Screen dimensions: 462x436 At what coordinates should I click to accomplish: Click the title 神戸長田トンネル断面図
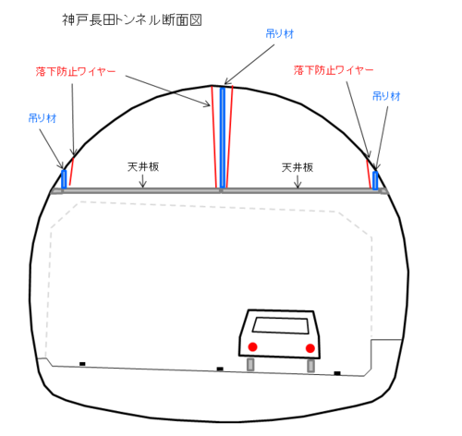click(132, 20)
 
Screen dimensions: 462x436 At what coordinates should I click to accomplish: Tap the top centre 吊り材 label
click(280, 33)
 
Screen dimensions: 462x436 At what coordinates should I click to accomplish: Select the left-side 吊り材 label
click(43, 118)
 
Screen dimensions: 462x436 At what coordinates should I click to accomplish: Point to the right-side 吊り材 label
click(386, 96)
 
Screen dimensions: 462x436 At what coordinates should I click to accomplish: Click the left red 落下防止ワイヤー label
click(76, 71)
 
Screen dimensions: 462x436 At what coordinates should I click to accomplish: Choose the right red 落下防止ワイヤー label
click(334, 70)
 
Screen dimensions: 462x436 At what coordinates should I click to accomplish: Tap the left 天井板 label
click(143, 167)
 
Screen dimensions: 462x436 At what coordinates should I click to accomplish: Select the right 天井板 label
click(298, 167)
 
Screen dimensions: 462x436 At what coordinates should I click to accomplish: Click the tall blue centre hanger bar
click(223, 138)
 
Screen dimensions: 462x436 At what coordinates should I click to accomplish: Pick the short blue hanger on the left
click(64, 179)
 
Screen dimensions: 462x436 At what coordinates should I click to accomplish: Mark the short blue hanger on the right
click(375, 180)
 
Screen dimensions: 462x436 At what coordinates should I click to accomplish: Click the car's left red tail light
click(252, 346)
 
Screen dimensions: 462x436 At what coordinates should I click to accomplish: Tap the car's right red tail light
click(310, 348)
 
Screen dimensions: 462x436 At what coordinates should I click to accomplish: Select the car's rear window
click(281, 325)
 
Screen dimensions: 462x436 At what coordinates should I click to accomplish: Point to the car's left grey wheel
click(250, 364)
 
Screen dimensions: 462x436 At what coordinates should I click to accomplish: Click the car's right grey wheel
click(311, 366)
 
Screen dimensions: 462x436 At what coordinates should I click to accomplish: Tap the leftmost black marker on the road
click(82, 364)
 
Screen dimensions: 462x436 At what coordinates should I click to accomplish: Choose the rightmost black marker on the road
click(337, 373)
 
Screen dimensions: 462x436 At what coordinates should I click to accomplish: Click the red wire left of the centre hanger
click(213, 137)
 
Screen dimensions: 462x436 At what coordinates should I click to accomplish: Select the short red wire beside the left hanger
click(71, 172)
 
